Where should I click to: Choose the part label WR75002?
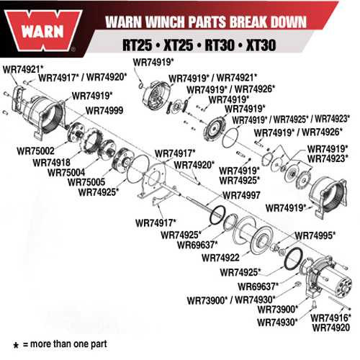[34, 152]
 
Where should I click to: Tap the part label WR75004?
[63, 172]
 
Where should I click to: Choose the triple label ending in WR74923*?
[302, 118]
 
